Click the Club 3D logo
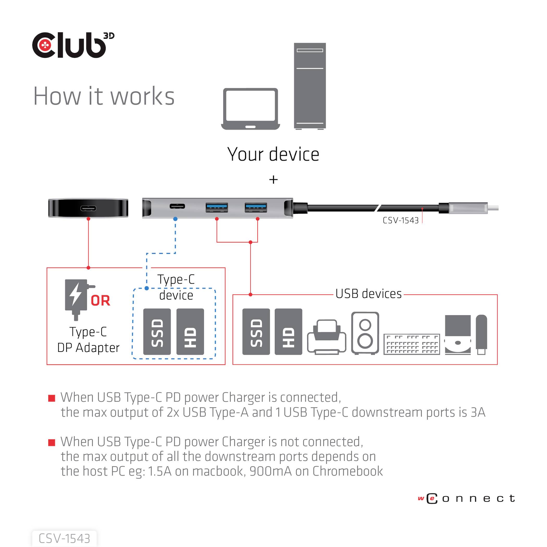pyautogui.click(x=73, y=45)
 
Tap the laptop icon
pyautogui.click(x=250, y=109)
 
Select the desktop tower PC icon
pyautogui.click(x=310, y=86)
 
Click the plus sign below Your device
pyautogui.click(x=273, y=179)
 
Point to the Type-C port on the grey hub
pyautogui.click(x=177, y=206)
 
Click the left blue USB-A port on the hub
pyautogui.click(x=217, y=207)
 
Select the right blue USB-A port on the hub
pyautogui.click(x=256, y=207)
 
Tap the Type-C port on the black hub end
pyautogui.click(x=88, y=208)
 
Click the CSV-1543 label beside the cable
pyautogui.click(x=400, y=221)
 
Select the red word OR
pyautogui.click(x=100, y=301)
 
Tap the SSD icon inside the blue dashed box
pyautogui.click(x=157, y=332)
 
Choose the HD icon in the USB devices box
pyautogui.click(x=288, y=332)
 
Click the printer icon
pyautogui.click(x=327, y=337)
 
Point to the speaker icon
pyautogui.click(x=365, y=333)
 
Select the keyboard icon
pyautogui.click(x=412, y=344)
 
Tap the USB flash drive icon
pyautogui.click(x=481, y=334)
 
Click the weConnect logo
pyautogui.click(x=466, y=499)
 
